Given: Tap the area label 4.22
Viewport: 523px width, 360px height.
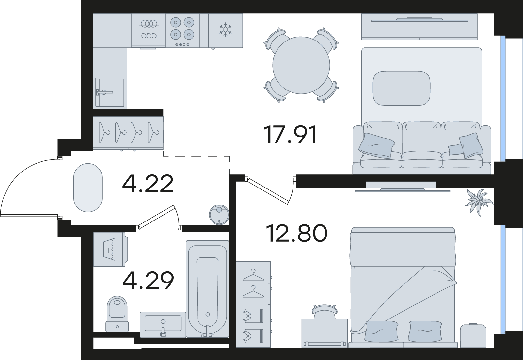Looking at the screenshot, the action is coord(148,184).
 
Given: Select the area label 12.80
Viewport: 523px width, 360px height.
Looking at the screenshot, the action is coord(296,233).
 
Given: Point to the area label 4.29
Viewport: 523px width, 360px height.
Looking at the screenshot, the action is coord(148,280).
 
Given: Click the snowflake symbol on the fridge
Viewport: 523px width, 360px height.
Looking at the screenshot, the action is coord(225,29).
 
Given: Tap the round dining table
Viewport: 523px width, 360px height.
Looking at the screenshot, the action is coord(301,65).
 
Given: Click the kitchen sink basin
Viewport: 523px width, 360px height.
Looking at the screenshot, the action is coord(110,92).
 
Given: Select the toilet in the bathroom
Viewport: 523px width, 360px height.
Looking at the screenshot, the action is coord(117,314).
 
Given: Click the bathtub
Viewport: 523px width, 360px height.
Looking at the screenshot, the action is coord(207,289).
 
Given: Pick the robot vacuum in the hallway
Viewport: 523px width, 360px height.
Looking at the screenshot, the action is coord(219,215).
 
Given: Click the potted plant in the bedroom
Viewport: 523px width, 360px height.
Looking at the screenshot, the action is coord(479,202).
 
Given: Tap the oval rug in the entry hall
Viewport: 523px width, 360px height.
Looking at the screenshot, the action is coord(88,188).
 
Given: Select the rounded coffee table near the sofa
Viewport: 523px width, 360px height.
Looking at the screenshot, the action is coord(401,88).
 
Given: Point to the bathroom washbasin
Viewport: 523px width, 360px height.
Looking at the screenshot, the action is coord(163,325).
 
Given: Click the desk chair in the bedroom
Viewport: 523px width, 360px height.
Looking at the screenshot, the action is coord(325,312).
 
